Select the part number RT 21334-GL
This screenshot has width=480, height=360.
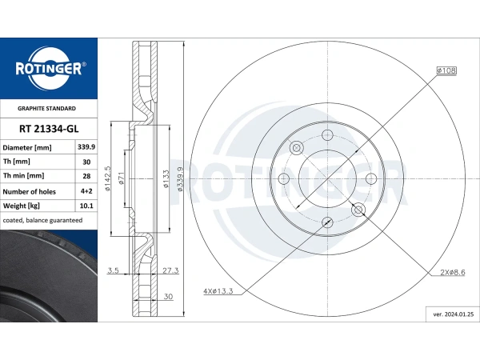coord(49,129)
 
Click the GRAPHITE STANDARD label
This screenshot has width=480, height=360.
coord(46,108)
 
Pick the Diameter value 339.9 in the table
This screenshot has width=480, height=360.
coord(86,147)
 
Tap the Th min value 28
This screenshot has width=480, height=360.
coord(86,176)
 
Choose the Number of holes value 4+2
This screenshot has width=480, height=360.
coord(86,191)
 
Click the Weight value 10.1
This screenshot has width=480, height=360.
coord(86,206)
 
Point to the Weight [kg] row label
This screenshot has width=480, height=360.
coord(22,206)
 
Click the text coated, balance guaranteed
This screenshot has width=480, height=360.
coord(42,220)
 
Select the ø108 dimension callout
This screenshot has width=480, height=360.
coord(446,70)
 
